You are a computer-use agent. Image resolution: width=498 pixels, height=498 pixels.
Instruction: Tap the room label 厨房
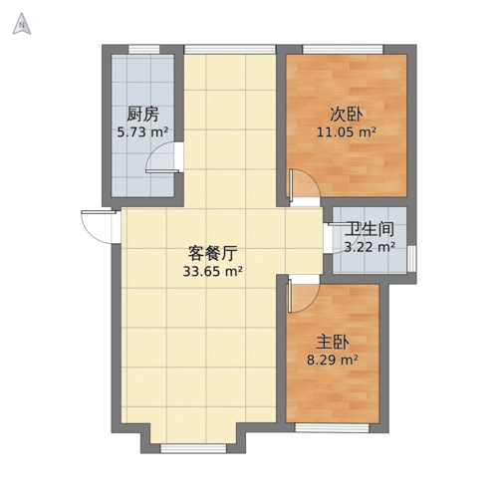coord(142,114)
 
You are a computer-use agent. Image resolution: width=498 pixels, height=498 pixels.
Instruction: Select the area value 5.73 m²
coord(142,130)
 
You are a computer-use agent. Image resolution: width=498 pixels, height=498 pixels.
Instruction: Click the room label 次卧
coord(345,113)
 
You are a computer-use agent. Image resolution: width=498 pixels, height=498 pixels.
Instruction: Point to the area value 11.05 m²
coord(346,130)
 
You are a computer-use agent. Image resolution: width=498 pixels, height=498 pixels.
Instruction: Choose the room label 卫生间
coord(370,229)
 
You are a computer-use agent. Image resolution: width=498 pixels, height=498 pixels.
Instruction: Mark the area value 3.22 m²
coord(370,246)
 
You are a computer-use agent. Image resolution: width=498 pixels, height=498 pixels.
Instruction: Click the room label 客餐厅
coord(213,252)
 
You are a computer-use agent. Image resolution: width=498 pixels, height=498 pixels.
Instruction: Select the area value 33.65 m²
coord(213,270)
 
